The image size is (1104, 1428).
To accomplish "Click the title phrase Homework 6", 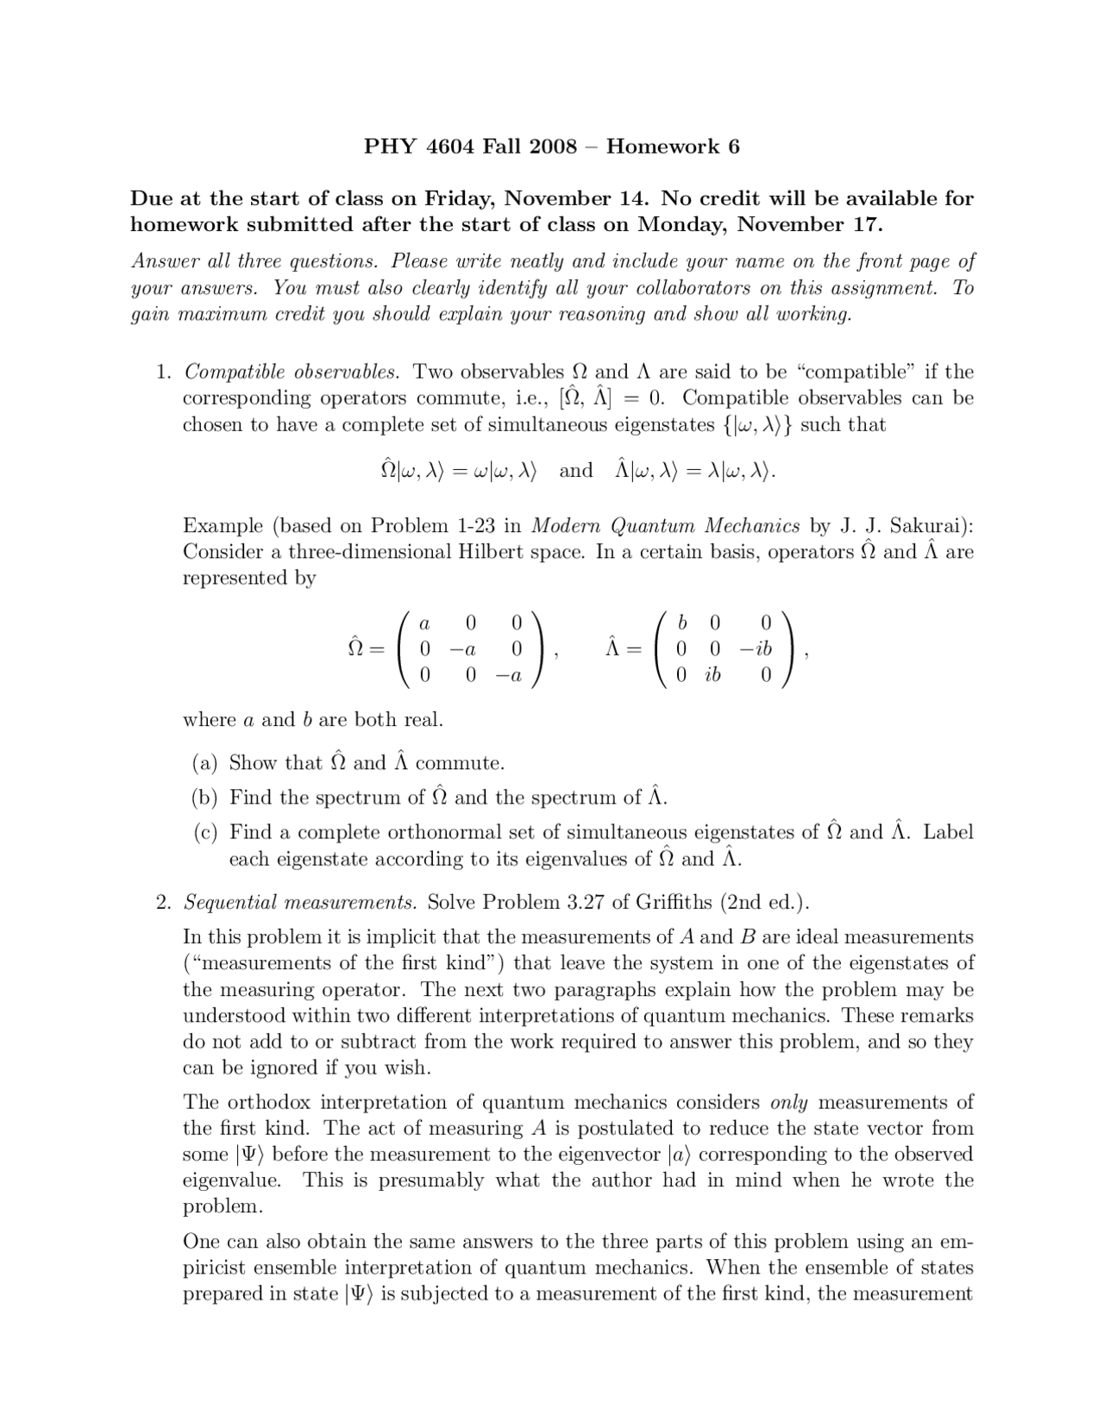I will (673, 146).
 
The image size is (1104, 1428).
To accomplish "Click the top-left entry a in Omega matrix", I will (423, 623).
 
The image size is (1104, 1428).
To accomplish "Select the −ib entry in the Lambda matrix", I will (756, 649).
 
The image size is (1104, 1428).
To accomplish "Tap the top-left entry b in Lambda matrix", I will (683, 623).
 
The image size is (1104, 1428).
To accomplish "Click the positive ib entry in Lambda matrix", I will (712, 676).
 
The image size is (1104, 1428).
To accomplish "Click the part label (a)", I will (205, 763).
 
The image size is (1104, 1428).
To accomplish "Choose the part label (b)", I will (205, 798).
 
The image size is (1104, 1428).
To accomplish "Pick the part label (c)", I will (205, 832).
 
